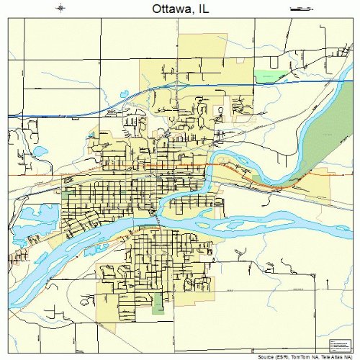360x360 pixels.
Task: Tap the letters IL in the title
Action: (205, 9)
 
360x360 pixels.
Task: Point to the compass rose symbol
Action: (60, 9)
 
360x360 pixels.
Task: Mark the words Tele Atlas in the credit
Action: (330, 356)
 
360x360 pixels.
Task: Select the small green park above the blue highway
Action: (269, 76)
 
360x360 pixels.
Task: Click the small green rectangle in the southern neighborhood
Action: (157, 302)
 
